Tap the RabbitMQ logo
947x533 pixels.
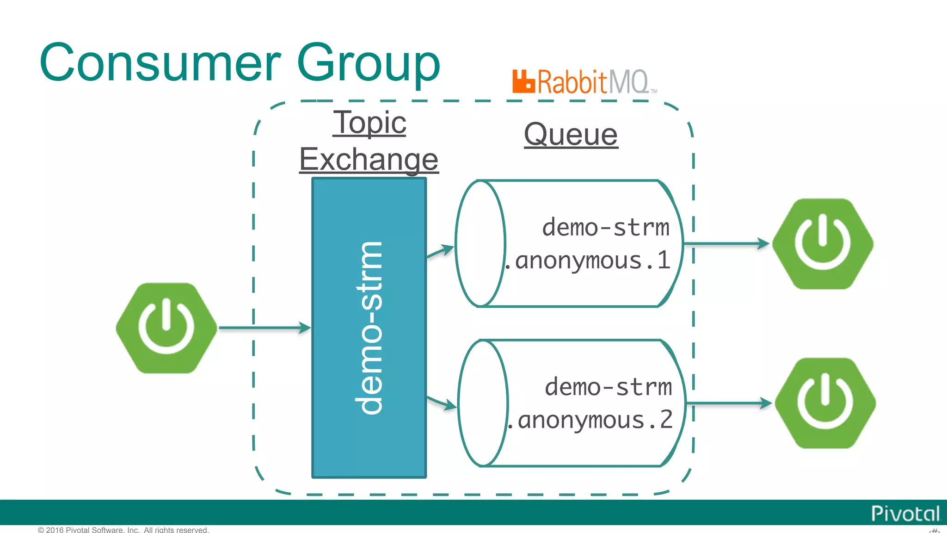[x=584, y=82]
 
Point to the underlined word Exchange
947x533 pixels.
[x=369, y=159]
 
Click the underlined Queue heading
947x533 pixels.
[x=571, y=135]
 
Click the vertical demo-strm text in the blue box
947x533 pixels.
[x=369, y=328]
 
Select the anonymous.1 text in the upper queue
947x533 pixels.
[x=589, y=260]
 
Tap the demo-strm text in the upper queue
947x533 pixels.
[x=605, y=228]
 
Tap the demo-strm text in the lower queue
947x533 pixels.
[x=608, y=387]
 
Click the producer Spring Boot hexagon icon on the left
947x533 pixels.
[x=166, y=328]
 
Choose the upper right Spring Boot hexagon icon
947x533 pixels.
[x=823, y=244]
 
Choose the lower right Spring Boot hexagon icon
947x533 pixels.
[x=825, y=403]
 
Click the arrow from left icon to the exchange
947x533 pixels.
[x=264, y=328]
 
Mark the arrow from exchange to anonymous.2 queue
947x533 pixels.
[x=442, y=403]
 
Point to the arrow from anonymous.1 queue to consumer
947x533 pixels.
[x=726, y=243]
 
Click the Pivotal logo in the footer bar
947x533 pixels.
[x=905, y=514]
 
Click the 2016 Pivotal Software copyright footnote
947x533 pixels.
[x=123, y=529]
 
